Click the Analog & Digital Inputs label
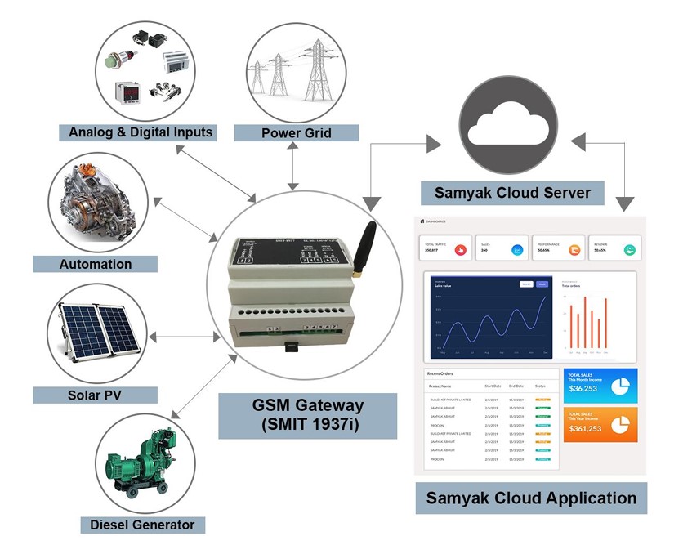pyautogui.click(x=141, y=132)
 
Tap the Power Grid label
pyautogui.click(x=296, y=132)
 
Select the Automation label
pyautogui.click(x=95, y=264)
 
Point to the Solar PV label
pyautogui.click(x=95, y=395)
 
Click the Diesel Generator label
pyautogui.click(x=143, y=525)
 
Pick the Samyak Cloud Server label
pyautogui.click(x=511, y=193)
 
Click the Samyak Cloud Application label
pyautogui.click(x=531, y=498)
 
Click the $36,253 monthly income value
pyautogui.click(x=583, y=388)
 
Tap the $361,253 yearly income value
pyautogui.click(x=585, y=428)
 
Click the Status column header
pyautogui.click(x=540, y=386)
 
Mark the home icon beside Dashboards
pyautogui.click(x=422, y=221)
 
